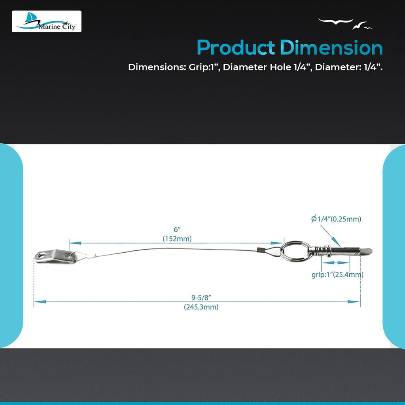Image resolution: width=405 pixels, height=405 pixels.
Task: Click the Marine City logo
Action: [x=47, y=21]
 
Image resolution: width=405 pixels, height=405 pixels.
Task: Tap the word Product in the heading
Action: [x=236, y=48]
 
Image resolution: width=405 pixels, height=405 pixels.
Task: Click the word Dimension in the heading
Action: [x=331, y=48]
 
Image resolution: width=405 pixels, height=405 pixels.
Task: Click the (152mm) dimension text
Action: [x=177, y=238]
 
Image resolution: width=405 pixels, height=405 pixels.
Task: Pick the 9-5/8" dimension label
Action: [x=201, y=297]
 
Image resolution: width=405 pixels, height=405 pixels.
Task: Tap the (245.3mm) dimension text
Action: [x=201, y=307]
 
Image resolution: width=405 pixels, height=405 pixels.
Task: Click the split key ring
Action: [x=293, y=252]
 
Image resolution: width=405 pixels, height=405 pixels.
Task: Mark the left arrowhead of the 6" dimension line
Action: [x=73, y=243]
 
